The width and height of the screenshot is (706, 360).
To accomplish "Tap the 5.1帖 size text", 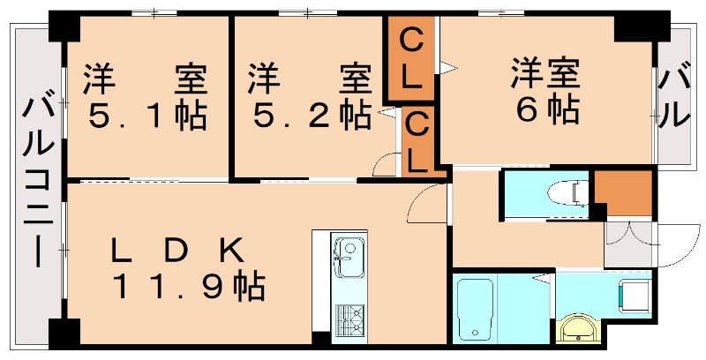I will point(146,116).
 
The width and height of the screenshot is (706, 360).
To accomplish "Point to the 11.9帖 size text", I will point(187,286).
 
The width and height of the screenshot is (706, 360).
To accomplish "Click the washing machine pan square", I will point(633,294).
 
